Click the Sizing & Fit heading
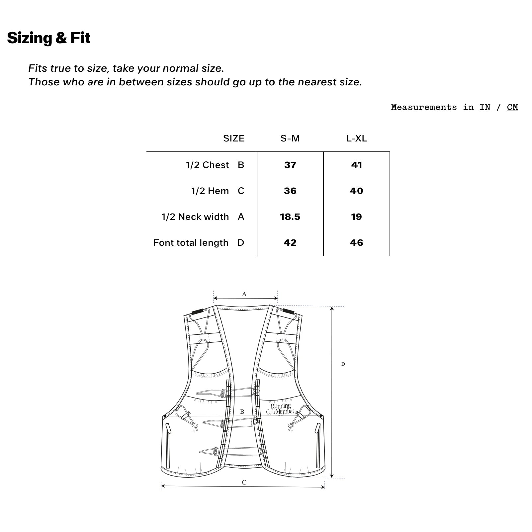coord(49,38)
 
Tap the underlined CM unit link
coord(512,107)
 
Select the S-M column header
coord(290,138)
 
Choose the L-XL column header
coord(356,138)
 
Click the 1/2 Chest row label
coord(207,165)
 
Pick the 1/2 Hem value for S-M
coord(290,191)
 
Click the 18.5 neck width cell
coord(290,217)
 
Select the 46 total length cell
coord(356,243)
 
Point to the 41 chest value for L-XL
coord(356,165)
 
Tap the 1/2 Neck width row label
coord(195,217)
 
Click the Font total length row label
coord(191,243)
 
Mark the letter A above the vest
coord(244,294)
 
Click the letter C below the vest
coord(244,483)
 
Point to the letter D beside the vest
coord(343,364)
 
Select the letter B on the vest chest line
coord(242,412)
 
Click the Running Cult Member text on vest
coord(280,409)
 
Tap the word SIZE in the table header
coord(234,138)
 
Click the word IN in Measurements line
coord(485,107)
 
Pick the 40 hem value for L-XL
coord(356,191)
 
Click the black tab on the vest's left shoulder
coord(198,311)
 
